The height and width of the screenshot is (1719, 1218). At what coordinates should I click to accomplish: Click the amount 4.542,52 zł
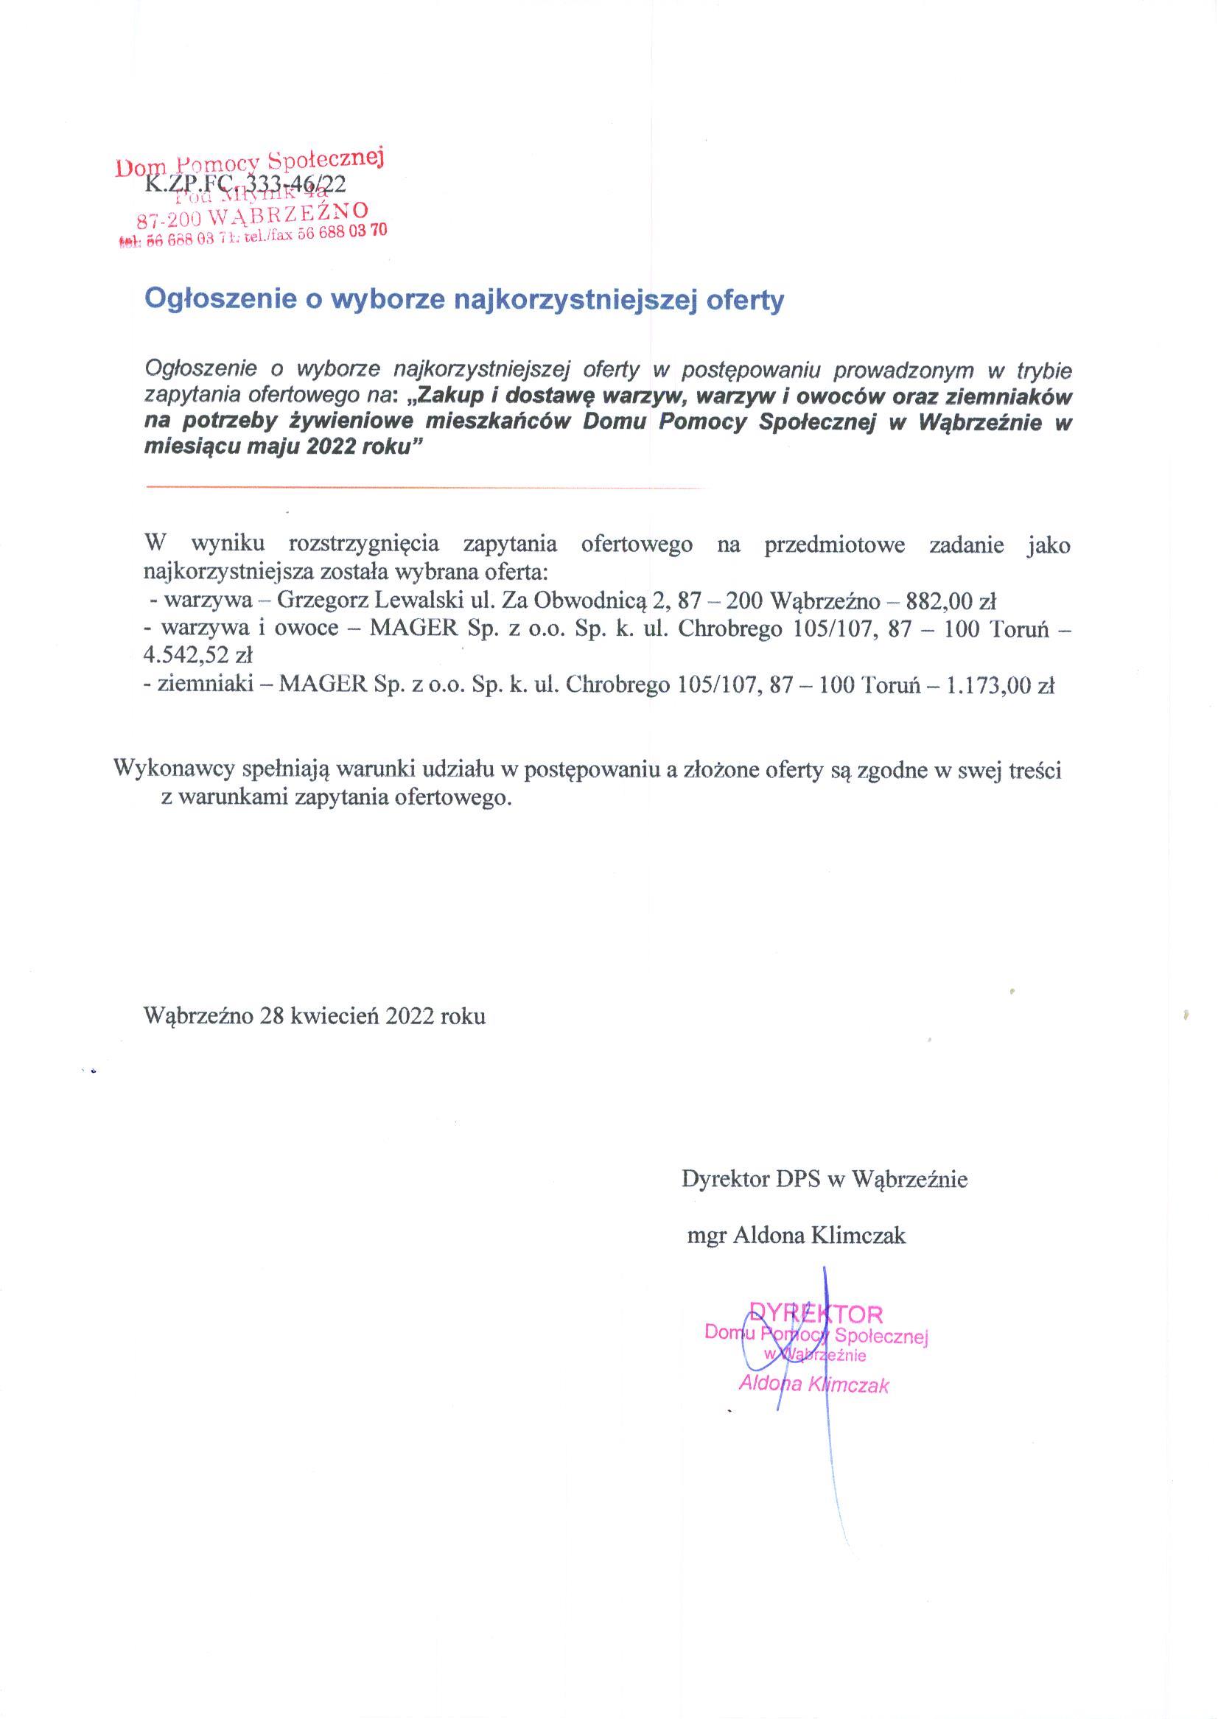[198, 656]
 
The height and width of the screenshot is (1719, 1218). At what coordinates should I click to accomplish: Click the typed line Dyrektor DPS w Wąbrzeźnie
[825, 1180]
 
